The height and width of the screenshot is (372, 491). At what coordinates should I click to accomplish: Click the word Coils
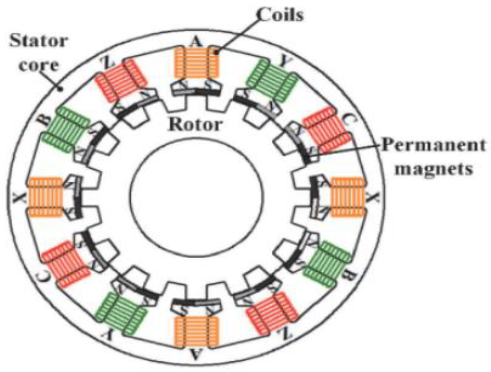(x=280, y=15)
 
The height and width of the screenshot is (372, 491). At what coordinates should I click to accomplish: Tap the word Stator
(x=39, y=41)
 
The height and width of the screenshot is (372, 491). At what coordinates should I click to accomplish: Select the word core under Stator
(x=39, y=65)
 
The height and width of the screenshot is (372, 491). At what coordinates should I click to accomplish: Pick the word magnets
(x=434, y=168)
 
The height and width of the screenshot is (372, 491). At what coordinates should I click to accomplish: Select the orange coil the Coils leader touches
(x=196, y=62)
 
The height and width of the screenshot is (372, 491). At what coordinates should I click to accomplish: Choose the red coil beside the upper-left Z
(x=121, y=80)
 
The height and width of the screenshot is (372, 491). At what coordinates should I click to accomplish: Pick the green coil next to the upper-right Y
(x=272, y=81)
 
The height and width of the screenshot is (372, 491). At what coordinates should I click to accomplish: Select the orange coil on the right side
(x=348, y=197)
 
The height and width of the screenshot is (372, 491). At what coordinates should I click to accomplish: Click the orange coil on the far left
(x=45, y=197)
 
